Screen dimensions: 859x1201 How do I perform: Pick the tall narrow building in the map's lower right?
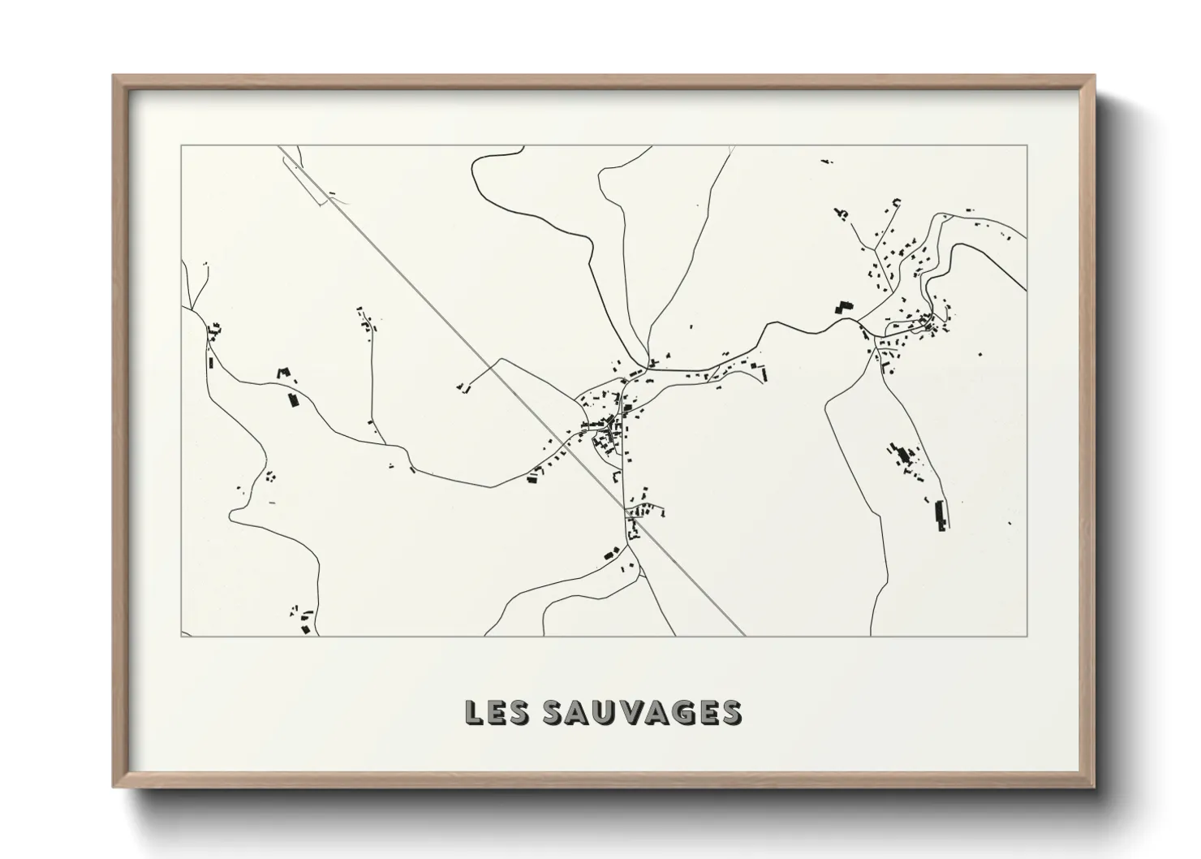click(x=941, y=515)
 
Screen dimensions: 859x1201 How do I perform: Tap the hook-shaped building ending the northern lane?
click(x=897, y=201)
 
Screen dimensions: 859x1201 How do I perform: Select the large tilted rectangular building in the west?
click(x=293, y=399)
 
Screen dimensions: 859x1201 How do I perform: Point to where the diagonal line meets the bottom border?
click(x=744, y=635)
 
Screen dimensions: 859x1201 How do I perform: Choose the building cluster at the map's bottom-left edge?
click(x=304, y=621)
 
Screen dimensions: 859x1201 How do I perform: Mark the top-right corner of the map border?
click(x=1027, y=145)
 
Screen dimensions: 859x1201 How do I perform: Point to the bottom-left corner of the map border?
click(x=180, y=636)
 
